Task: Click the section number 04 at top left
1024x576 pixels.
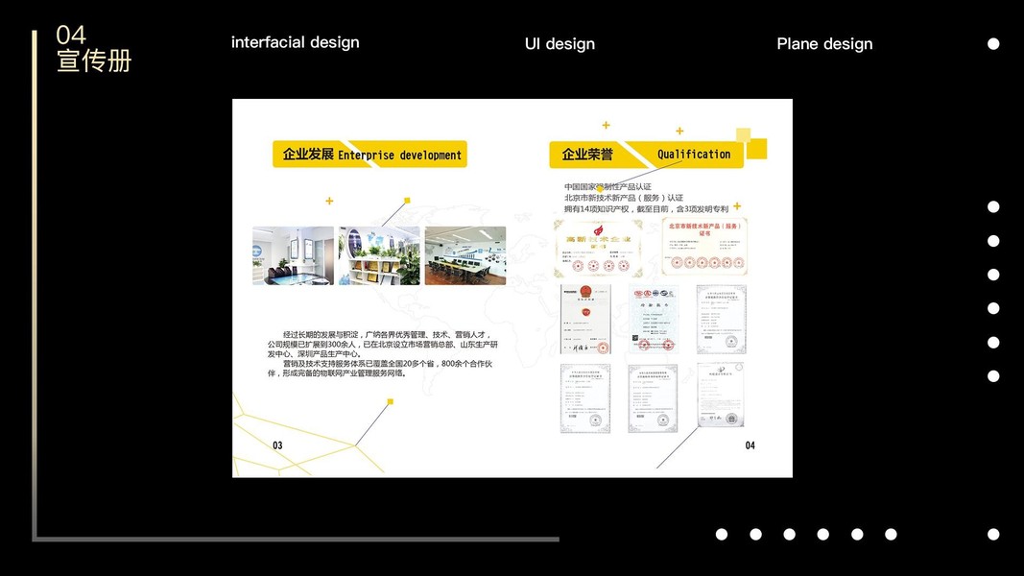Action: point(71,36)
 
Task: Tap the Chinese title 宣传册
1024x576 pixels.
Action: point(94,61)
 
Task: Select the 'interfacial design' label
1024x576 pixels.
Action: point(296,42)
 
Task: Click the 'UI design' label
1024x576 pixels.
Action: point(560,44)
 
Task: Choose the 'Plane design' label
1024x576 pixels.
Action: point(824,44)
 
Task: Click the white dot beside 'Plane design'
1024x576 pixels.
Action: point(993,44)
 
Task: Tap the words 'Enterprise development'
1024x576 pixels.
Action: point(399,156)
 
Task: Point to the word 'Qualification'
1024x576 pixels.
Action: point(694,155)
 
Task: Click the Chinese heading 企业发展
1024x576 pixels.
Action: point(308,155)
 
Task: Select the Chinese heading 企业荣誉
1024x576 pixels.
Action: point(587,155)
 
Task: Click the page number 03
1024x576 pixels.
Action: point(277,445)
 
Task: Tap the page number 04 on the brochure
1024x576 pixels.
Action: point(750,445)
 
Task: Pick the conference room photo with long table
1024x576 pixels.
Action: point(465,255)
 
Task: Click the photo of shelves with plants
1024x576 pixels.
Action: point(379,255)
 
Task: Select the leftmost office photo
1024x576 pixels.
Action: point(293,255)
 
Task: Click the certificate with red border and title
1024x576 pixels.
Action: point(703,246)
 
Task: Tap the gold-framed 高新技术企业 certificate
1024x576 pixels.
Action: point(598,248)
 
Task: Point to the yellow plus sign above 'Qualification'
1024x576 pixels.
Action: point(679,132)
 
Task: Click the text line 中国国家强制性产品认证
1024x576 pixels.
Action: point(607,186)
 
